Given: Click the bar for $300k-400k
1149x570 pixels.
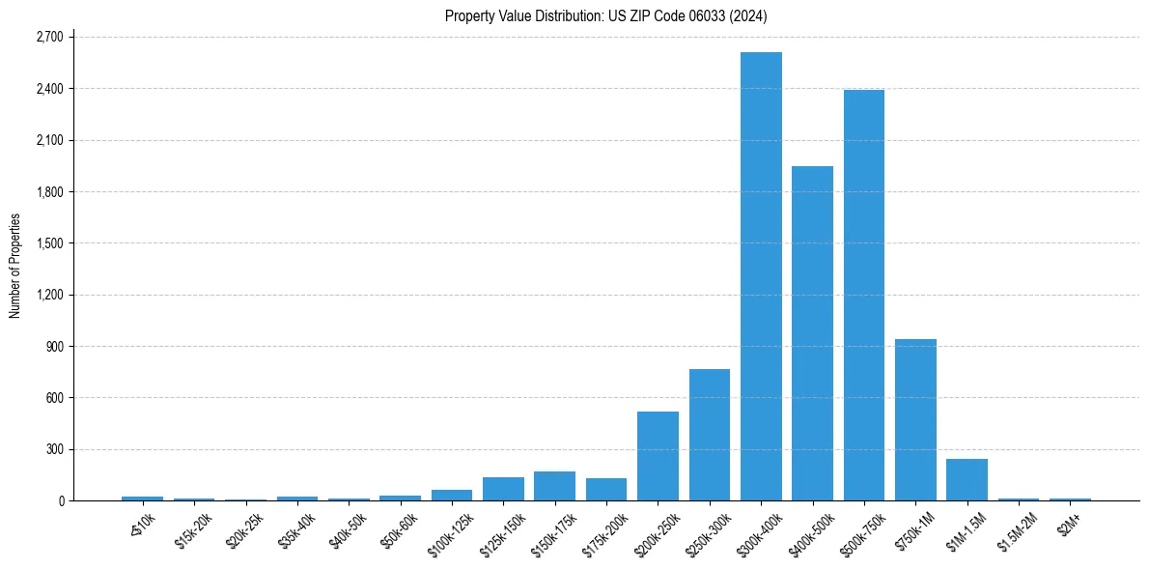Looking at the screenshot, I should tap(761, 276).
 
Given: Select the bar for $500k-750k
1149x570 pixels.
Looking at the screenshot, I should tap(863, 295).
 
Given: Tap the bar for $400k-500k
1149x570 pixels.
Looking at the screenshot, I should tap(812, 333).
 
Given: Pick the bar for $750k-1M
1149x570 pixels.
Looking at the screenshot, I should tap(915, 419).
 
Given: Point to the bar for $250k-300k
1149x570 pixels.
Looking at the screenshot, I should tap(709, 435).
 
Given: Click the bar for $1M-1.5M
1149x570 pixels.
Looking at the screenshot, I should tap(967, 479).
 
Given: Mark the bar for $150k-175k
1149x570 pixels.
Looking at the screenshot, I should tap(554, 486).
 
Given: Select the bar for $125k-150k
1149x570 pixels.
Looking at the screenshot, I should tap(503, 489).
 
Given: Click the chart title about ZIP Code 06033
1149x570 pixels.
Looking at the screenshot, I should tap(606, 15).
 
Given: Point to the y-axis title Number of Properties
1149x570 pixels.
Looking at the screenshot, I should tap(15, 266).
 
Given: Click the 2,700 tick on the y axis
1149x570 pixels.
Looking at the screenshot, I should tap(48, 37).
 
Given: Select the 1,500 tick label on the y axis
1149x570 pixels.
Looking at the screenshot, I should tap(48, 243).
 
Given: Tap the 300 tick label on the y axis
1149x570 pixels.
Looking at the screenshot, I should tap(54, 449).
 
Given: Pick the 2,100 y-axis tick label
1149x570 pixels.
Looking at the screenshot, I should tap(48, 140).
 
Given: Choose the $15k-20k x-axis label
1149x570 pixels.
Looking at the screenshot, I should tap(193, 527).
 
